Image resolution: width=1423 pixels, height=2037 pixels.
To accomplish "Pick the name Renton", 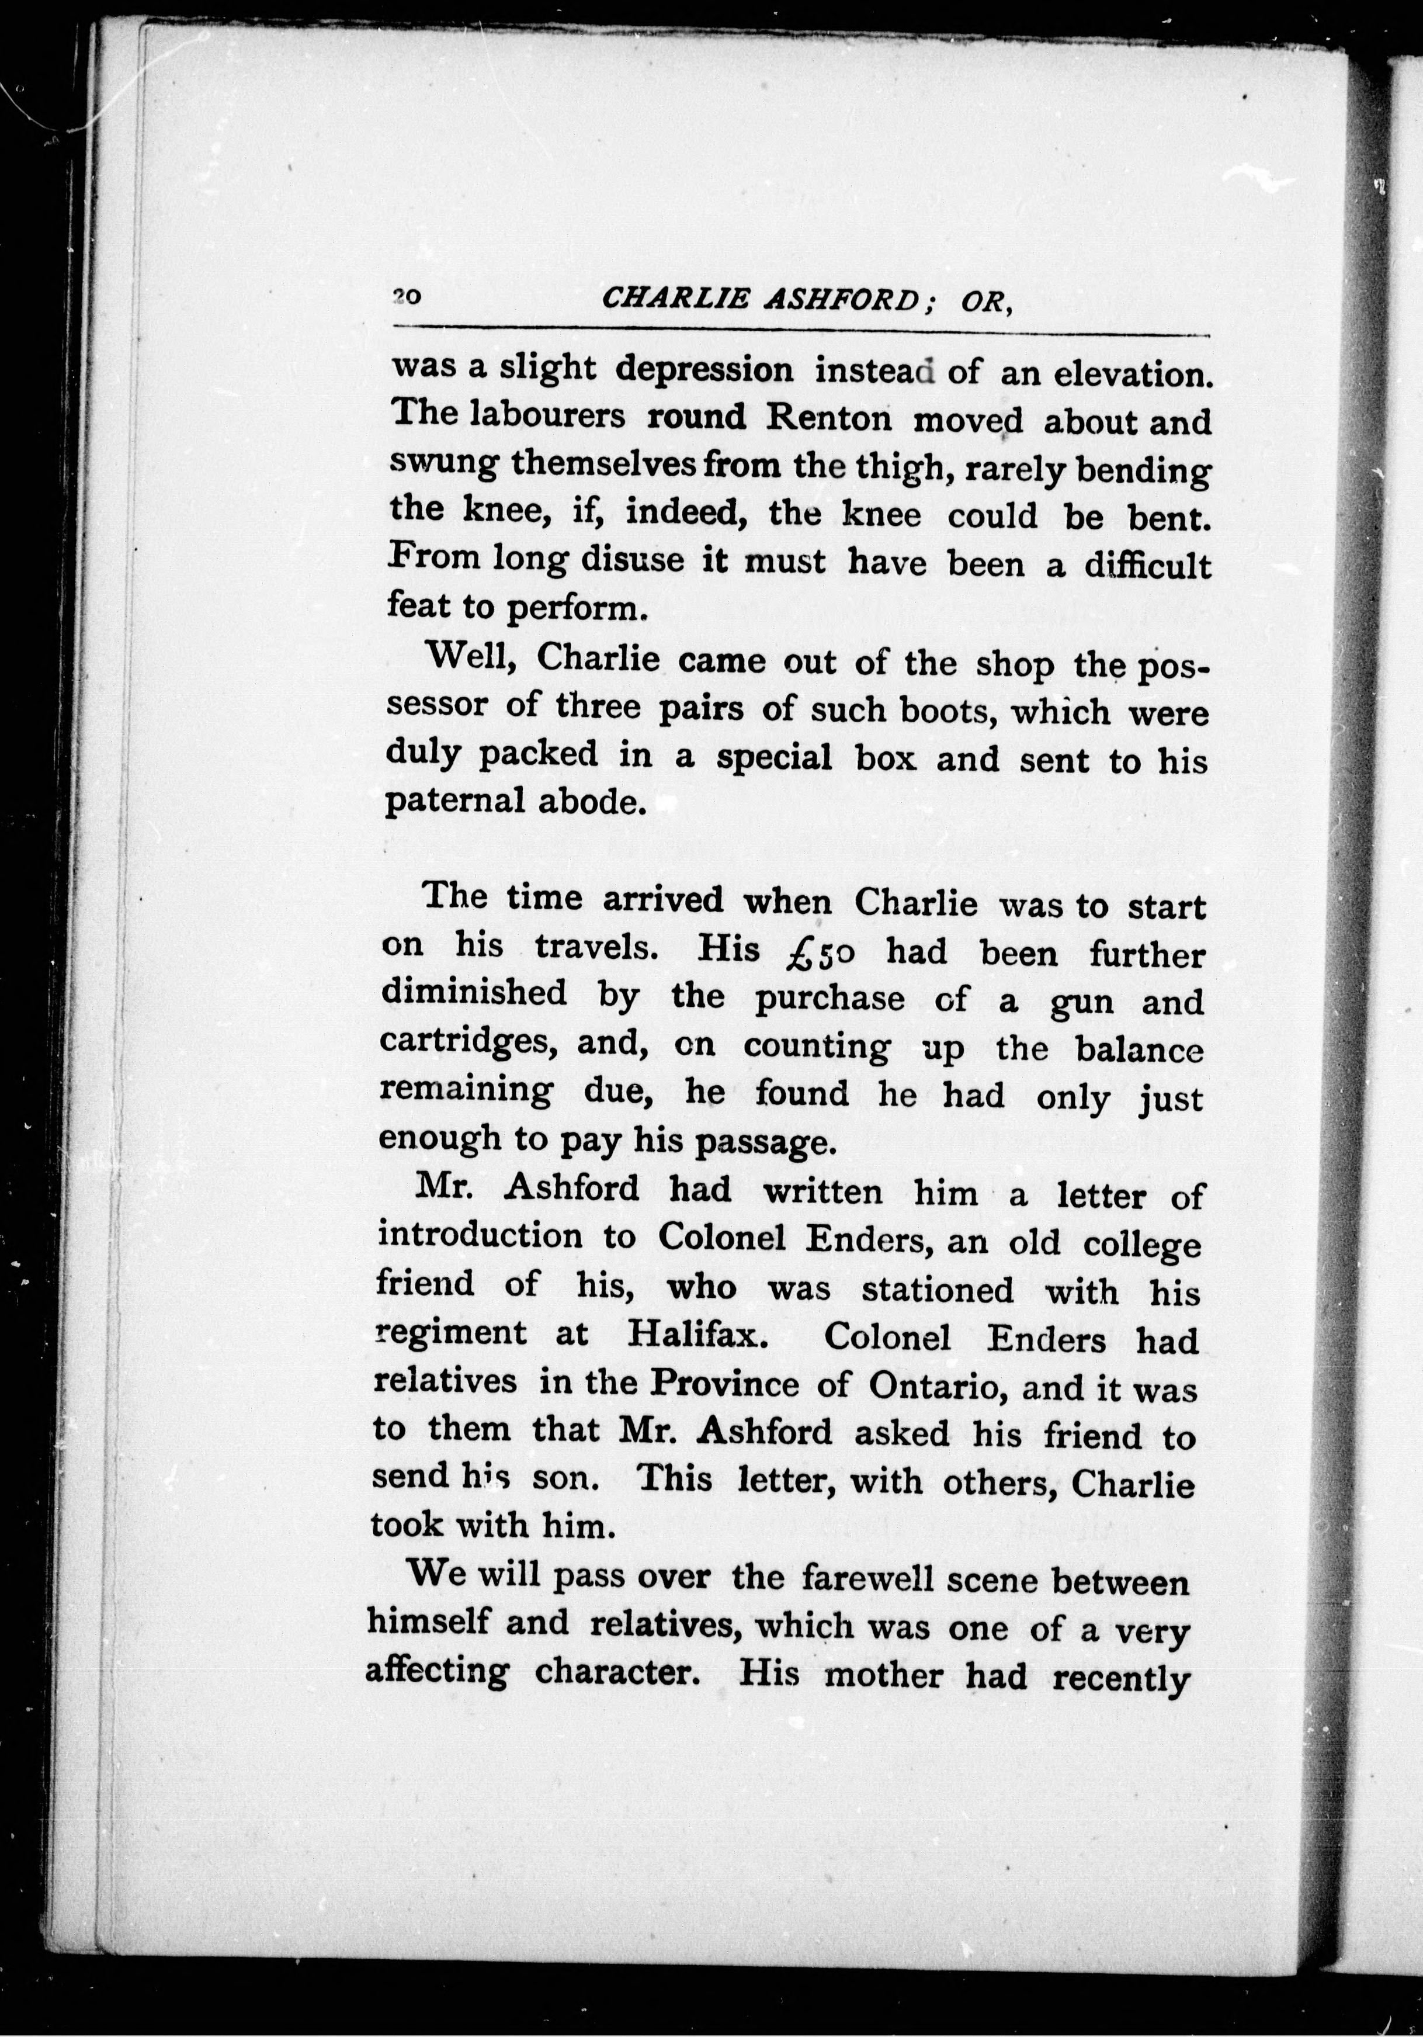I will click(x=828, y=417).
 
